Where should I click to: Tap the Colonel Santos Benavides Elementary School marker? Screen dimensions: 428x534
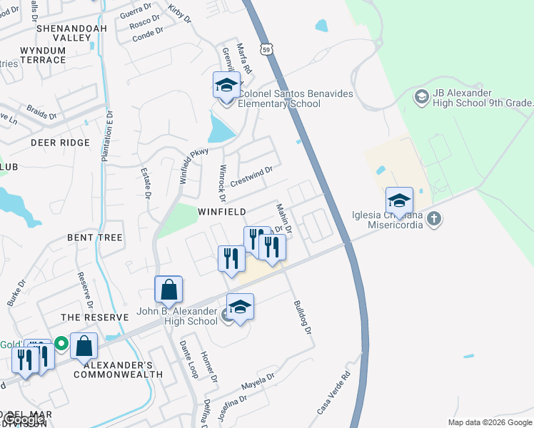click(x=227, y=86)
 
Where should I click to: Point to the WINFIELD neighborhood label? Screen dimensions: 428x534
click(x=222, y=212)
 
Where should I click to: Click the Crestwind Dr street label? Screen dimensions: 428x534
click(x=251, y=176)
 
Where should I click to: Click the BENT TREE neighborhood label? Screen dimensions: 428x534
click(x=95, y=237)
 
